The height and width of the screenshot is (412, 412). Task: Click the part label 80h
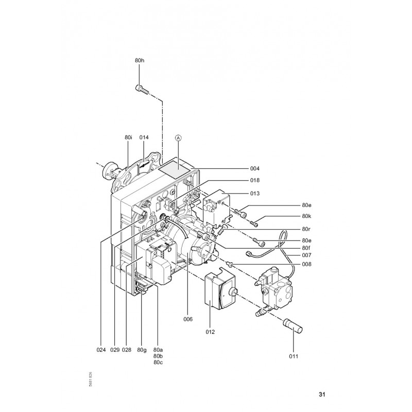point(140,60)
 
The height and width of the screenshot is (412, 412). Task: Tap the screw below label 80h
point(142,89)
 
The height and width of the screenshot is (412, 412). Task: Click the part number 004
point(254,168)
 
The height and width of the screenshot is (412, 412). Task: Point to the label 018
point(254,180)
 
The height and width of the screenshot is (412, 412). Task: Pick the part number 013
point(254,194)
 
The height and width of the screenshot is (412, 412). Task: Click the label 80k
point(306,216)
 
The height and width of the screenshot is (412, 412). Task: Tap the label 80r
point(306,229)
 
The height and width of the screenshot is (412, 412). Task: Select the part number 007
point(306,255)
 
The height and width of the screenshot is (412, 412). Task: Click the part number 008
point(306,264)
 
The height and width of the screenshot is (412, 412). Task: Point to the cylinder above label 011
point(293,326)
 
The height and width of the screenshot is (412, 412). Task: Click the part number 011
point(294,356)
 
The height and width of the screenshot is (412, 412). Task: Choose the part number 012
point(210,332)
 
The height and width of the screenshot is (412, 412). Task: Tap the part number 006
point(188,319)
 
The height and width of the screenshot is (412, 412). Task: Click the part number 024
point(101,350)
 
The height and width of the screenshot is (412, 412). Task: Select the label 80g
point(142,350)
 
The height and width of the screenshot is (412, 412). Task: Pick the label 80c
point(158,363)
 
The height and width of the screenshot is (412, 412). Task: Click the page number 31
point(322,394)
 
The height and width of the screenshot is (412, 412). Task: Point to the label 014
point(144,138)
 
